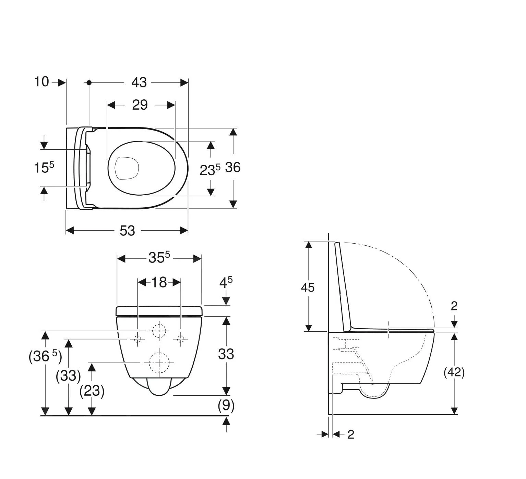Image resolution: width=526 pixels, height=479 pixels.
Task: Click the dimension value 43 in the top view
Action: (x=139, y=83)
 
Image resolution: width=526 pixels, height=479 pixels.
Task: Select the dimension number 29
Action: (x=140, y=105)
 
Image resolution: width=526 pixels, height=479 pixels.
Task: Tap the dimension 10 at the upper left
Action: (x=41, y=82)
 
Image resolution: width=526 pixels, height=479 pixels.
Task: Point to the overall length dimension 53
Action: (x=127, y=231)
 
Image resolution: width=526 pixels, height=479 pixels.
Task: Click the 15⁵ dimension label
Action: (x=44, y=168)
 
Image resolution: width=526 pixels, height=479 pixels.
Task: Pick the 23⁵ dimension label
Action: (x=210, y=170)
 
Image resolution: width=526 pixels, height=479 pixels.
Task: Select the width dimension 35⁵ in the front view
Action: (x=159, y=258)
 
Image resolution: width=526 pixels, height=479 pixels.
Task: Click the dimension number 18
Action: (x=159, y=282)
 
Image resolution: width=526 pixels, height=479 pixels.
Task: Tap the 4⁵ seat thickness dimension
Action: (x=226, y=283)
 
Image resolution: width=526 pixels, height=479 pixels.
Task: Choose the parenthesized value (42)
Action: (x=454, y=372)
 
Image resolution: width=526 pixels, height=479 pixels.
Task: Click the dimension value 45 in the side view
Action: (x=308, y=287)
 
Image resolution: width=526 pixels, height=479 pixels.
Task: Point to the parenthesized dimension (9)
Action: (x=226, y=406)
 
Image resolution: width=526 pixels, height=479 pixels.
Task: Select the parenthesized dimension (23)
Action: (x=92, y=391)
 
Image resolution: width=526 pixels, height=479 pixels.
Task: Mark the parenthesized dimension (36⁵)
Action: (x=45, y=357)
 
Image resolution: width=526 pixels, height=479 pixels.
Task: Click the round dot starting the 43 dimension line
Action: (x=89, y=83)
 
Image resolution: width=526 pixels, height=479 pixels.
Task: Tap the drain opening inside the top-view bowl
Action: (x=127, y=168)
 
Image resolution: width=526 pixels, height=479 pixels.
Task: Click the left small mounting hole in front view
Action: (x=138, y=339)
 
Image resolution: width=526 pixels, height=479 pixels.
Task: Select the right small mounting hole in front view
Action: (x=181, y=339)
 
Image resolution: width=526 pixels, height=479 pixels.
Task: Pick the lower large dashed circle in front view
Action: (x=159, y=363)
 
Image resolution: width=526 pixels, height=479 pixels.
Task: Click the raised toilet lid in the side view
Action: (x=343, y=286)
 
